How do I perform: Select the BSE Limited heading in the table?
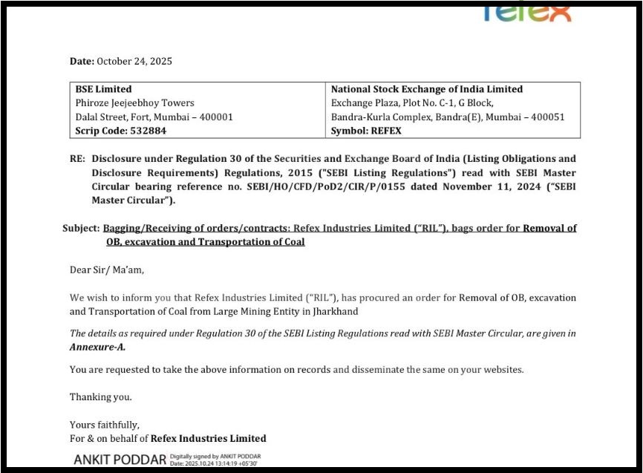tap(104, 89)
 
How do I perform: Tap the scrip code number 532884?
tap(147, 131)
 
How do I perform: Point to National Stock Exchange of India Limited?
tap(427, 89)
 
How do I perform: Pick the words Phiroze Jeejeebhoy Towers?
tap(135, 103)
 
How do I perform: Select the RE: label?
tap(78, 159)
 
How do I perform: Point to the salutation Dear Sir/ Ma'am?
tap(107, 270)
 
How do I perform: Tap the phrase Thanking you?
tap(101, 397)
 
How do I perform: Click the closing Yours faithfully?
tap(104, 425)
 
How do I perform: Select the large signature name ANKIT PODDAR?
tap(120, 460)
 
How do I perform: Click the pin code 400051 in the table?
tap(549, 117)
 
